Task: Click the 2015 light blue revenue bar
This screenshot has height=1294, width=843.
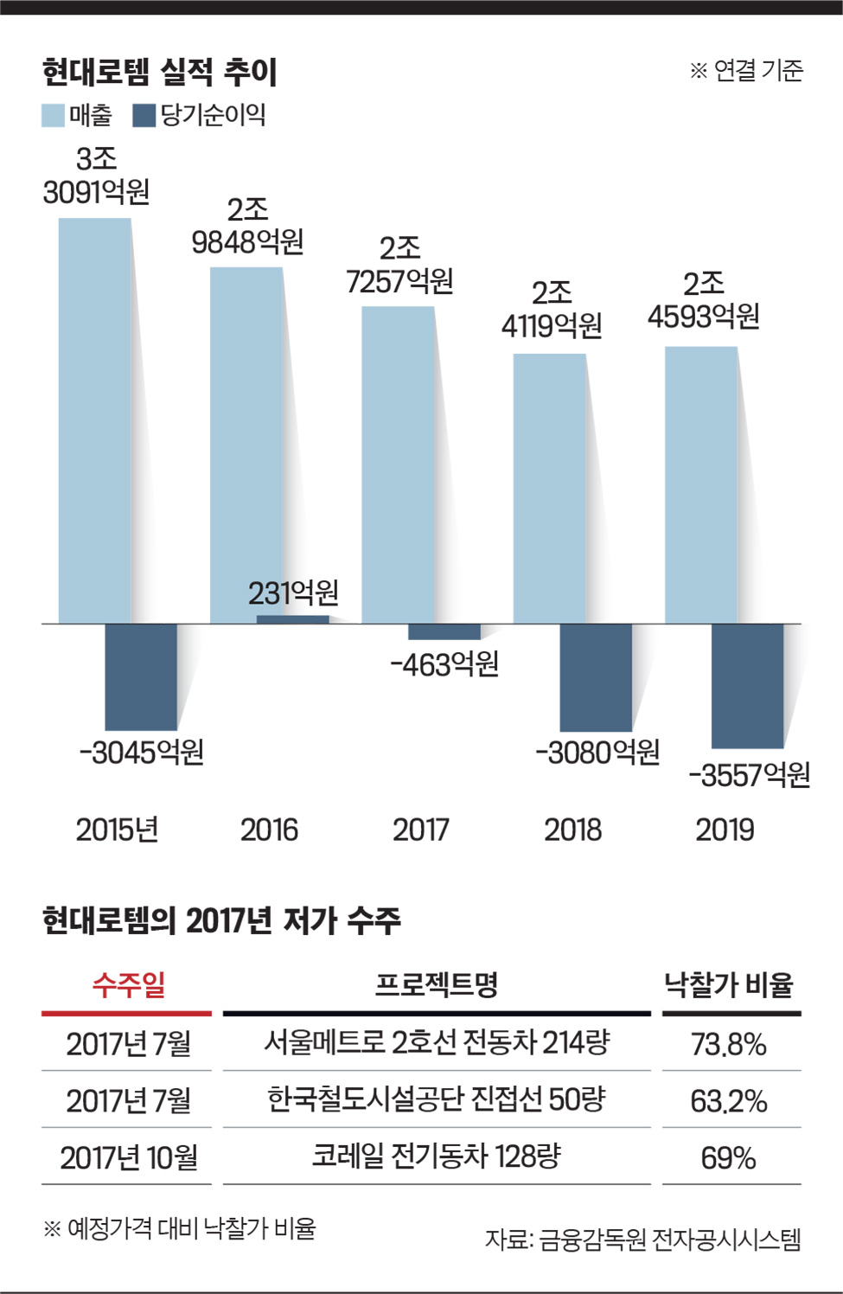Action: point(94,420)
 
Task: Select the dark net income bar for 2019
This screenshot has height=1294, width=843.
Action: point(747,685)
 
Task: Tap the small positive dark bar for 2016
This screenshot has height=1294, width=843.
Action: point(293,619)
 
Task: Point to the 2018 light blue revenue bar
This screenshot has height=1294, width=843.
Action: point(549,488)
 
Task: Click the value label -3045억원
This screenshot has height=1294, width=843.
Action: point(142,752)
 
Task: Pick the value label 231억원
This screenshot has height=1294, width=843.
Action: point(293,593)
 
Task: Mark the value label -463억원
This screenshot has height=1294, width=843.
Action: point(444,664)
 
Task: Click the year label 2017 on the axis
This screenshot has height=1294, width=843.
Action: point(421,830)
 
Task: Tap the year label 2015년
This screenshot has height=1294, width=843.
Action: point(117,830)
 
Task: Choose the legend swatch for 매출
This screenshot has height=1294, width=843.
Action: point(54,115)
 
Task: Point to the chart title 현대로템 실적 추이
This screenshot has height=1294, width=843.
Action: point(159,73)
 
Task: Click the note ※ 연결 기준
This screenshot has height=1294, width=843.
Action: point(745,71)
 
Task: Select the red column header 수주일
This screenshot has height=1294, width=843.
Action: point(128,983)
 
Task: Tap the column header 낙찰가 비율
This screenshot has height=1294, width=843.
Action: point(728,984)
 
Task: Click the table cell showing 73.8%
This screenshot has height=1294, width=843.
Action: point(728,1045)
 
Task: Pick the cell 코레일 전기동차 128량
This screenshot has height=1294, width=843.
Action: point(437,1156)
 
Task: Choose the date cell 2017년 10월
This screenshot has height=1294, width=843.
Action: point(128,1157)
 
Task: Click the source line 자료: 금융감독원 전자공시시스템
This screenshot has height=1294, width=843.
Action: point(642,1240)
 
